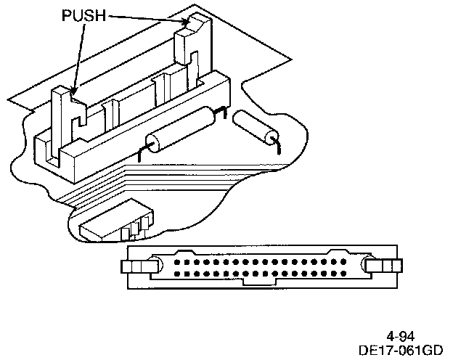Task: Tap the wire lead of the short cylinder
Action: pos(277,147)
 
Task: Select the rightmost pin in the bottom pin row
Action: pos(340,274)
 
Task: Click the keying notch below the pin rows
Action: pos(257,282)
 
